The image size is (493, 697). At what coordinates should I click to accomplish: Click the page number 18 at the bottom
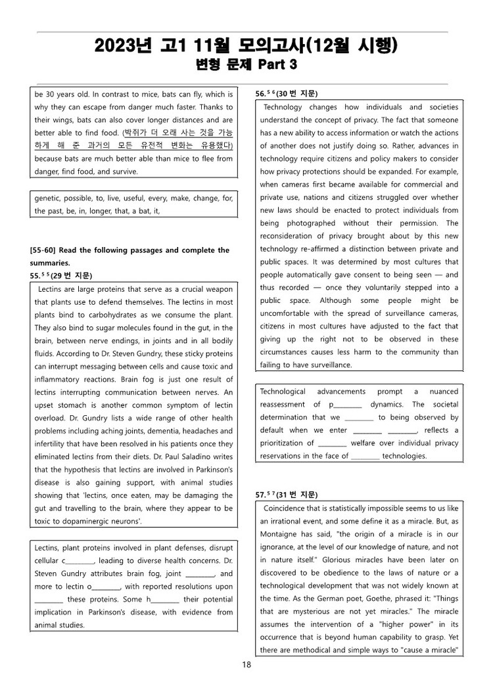click(246, 665)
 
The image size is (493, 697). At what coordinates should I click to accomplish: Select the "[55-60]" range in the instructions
click(45, 250)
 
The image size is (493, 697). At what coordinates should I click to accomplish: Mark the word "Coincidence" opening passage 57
click(287, 508)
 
